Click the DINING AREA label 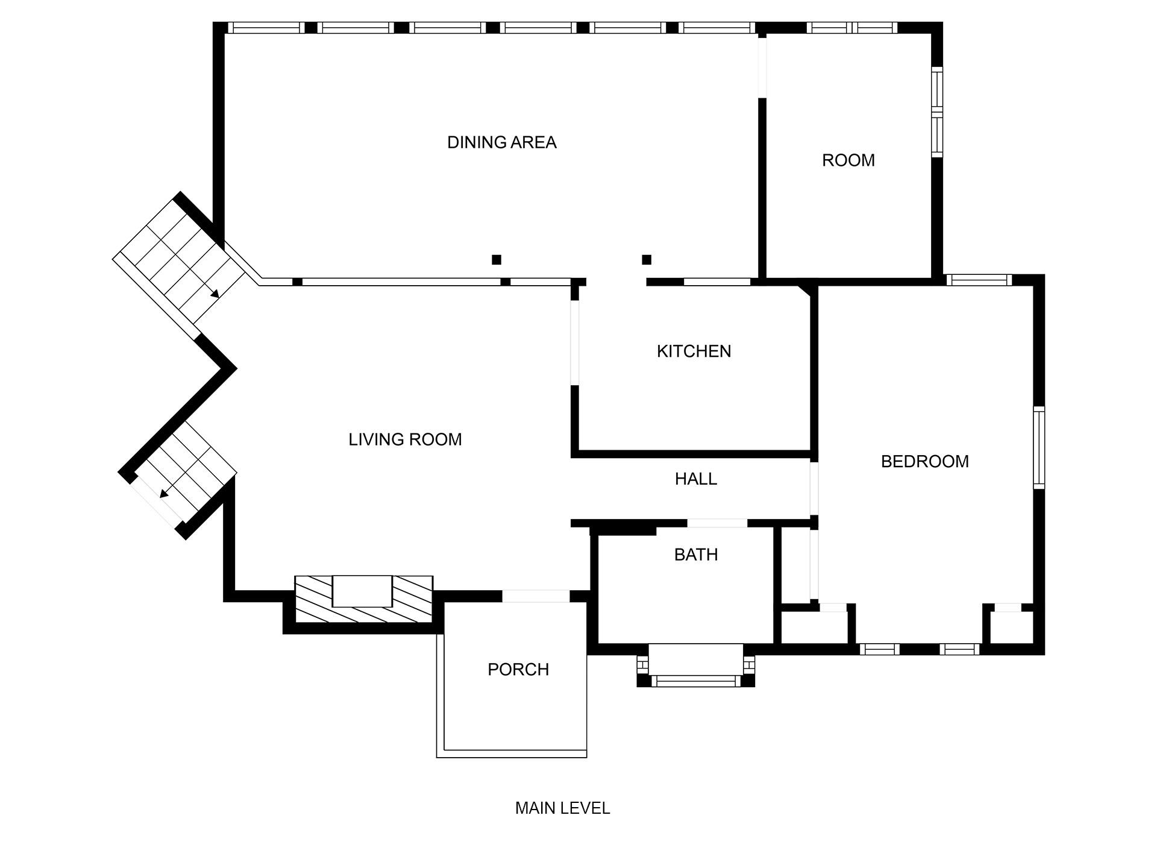(501, 142)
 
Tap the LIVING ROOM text (405, 439)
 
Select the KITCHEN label (694, 351)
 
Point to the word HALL (695, 479)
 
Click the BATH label (695, 555)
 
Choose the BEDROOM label (924, 462)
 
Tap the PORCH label (518, 670)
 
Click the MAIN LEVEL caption (562, 808)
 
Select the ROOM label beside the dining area (848, 160)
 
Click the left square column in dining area (496, 260)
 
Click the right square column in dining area (647, 260)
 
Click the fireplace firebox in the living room (362, 591)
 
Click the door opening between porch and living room (535, 596)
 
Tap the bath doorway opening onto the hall (717, 523)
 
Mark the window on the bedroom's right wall (1039, 447)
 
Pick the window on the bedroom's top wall (979, 280)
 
